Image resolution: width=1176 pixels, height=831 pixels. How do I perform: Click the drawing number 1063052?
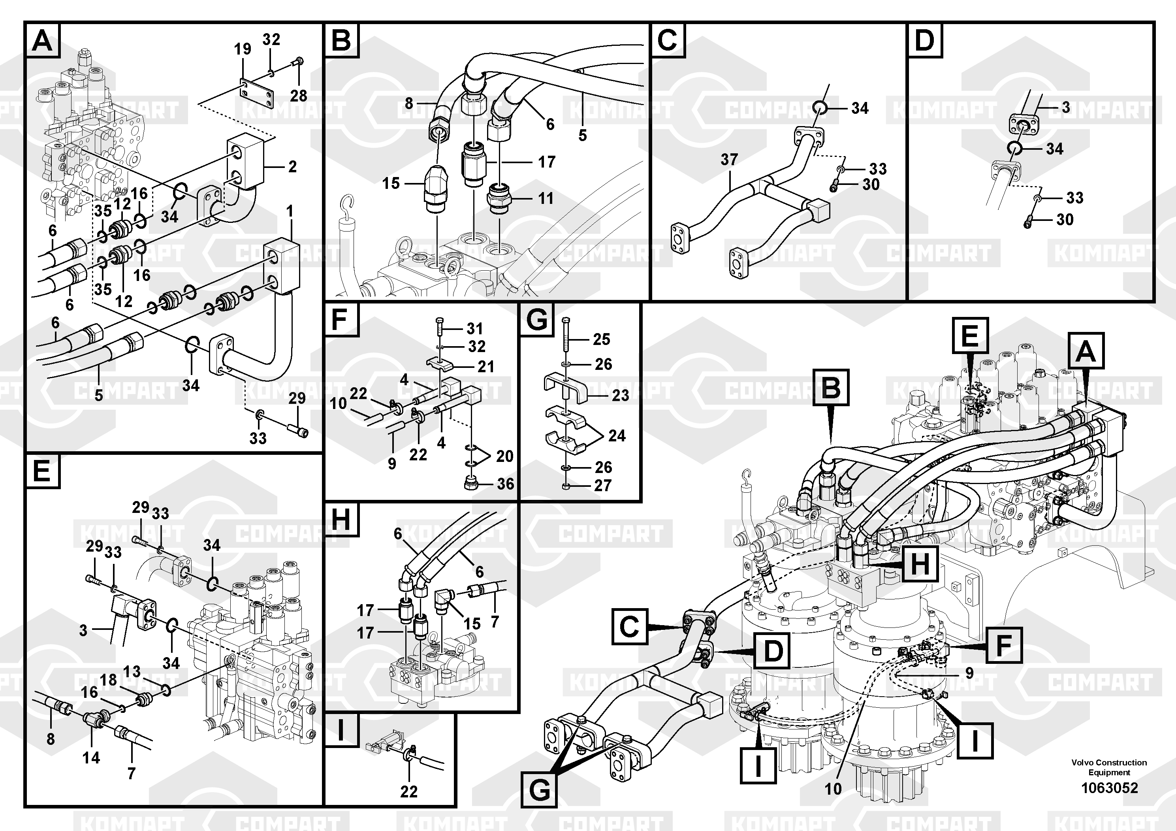tap(1109, 788)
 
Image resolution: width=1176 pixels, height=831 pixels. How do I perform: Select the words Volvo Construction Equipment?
tap(1109, 767)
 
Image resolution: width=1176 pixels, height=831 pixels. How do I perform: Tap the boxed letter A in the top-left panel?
tap(42, 40)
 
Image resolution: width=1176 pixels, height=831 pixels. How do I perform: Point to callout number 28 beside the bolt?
tap(299, 96)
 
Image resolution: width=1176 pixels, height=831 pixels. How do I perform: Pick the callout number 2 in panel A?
tap(292, 166)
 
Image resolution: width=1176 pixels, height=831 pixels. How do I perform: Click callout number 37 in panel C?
tap(729, 160)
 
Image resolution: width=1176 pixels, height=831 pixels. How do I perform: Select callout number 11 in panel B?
tap(546, 198)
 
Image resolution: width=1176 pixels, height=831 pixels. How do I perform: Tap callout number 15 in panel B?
tap(391, 183)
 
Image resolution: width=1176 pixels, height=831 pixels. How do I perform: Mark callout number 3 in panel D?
tap(1066, 107)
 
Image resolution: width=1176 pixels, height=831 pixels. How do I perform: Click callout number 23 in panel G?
tap(620, 395)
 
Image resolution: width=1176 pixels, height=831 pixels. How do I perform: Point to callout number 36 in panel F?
tap(505, 484)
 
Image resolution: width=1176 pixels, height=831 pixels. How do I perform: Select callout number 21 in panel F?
tap(485, 366)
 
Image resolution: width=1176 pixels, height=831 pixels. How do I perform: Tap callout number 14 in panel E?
tap(91, 758)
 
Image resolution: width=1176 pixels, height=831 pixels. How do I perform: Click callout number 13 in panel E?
tap(132, 672)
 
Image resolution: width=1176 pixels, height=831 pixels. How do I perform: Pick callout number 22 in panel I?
tap(409, 791)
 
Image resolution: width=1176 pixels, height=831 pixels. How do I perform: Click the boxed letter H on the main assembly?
tap(920, 565)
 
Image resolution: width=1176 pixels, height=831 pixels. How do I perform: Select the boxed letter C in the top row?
tap(667, 40)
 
